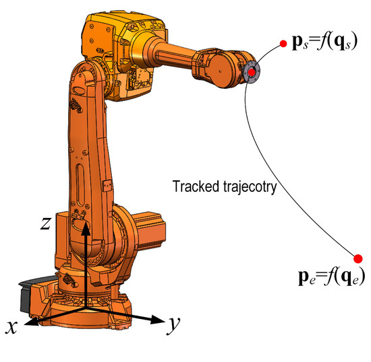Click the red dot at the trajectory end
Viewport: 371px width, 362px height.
point(358,258)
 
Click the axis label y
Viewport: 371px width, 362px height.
point(173,324)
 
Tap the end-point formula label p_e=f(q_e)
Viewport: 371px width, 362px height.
point(331,276)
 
